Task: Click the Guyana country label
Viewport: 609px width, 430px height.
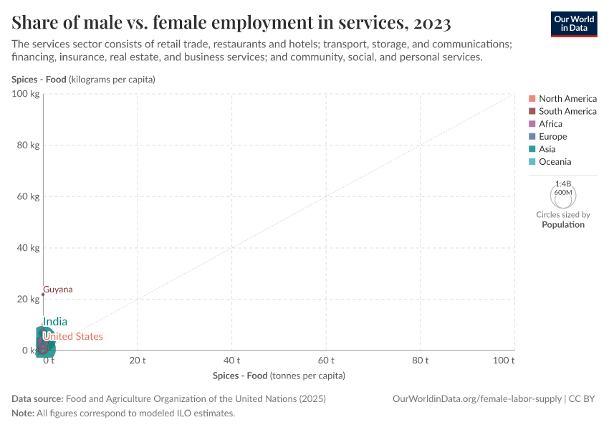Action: (58, 290)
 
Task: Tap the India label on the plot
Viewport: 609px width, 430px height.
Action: (55, 322)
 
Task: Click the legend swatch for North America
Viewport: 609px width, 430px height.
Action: (532, 99)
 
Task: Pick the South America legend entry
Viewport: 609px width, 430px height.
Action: (567, 111)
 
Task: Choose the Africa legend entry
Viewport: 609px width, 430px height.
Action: (550, 124)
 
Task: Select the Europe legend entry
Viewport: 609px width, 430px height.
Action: (552, 136)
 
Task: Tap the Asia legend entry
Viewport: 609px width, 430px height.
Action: (547, 149)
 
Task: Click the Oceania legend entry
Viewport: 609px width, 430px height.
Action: (555, 161)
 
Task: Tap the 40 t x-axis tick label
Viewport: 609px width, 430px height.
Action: (231, 360)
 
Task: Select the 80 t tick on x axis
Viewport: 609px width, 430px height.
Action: (421, 360)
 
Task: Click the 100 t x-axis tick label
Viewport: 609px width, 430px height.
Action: (504, 360)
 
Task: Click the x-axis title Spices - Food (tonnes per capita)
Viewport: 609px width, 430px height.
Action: (279, 376)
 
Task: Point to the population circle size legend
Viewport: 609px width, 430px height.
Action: (563, 195)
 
